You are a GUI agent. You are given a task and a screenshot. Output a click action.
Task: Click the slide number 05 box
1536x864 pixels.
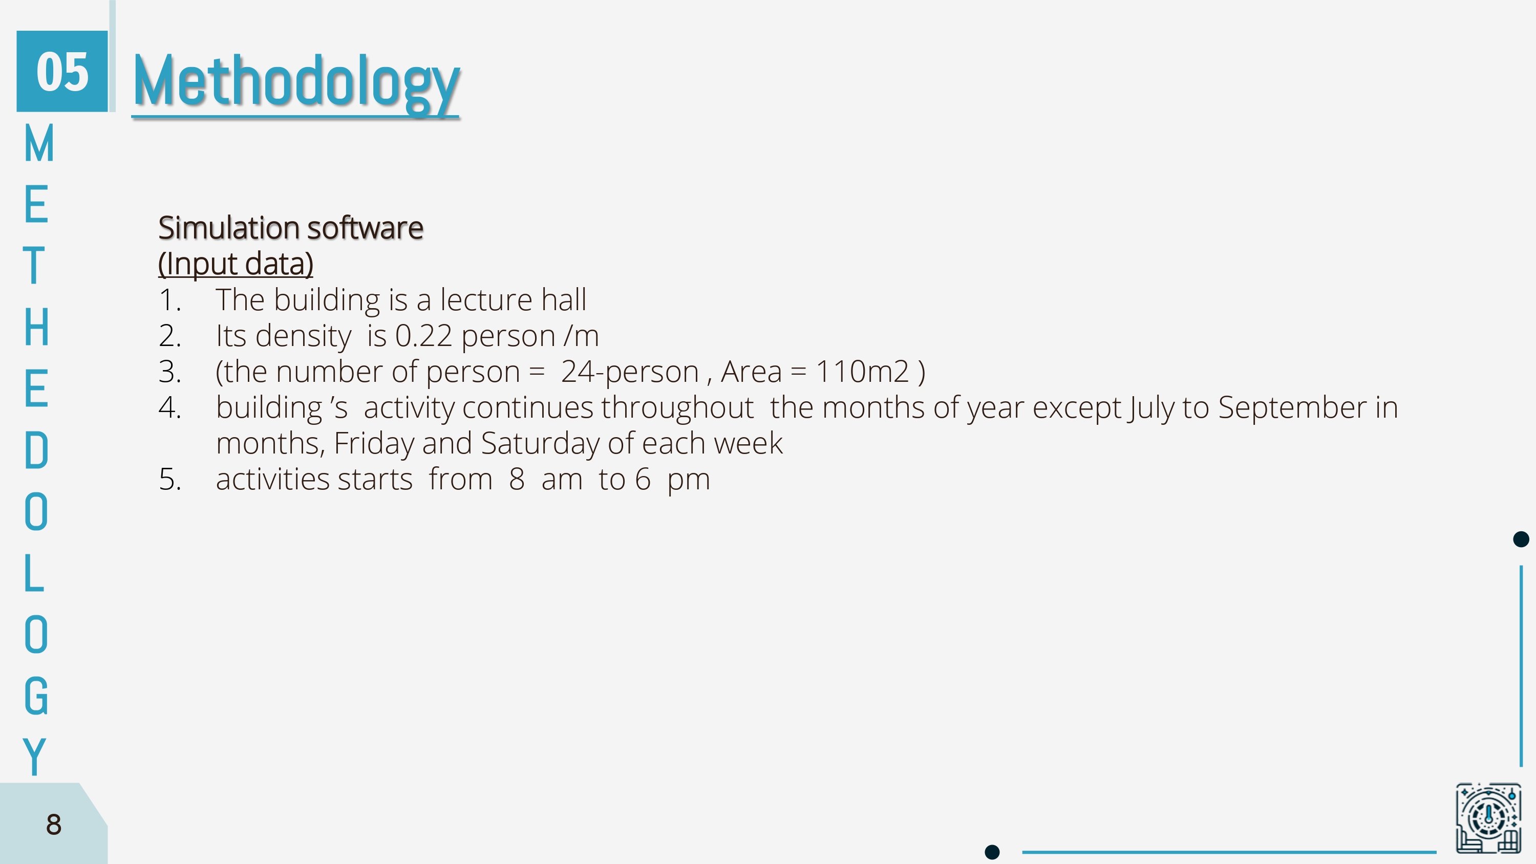(x=62, y=71)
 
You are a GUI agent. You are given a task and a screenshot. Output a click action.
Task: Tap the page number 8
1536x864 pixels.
(x=54, y=825)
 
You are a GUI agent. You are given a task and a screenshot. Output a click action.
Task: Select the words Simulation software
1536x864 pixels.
(x=290, y=228)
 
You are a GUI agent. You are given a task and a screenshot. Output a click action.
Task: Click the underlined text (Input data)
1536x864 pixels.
(x=236, y=264)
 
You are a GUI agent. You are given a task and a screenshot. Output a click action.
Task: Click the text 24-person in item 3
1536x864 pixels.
(x=629, y=372)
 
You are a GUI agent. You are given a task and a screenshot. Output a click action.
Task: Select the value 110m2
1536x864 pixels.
(x=862, y=372)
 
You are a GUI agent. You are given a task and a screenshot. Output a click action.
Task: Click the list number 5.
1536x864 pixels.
(x=169, y=480)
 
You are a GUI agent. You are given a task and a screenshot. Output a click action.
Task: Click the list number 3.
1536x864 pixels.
(x=169, y=372)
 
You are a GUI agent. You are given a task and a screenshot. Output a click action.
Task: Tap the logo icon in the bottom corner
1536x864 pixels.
(x=1488, y=818)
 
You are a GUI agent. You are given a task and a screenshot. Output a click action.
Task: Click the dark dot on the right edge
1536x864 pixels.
(x=1521, y=539)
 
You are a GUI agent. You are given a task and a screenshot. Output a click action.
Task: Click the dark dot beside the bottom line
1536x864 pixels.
(x=992, y=852)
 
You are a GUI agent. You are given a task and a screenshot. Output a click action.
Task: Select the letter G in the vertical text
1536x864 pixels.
(x=36, y=696)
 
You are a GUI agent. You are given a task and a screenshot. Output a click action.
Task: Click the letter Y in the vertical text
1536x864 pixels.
(x=35, y=756)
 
